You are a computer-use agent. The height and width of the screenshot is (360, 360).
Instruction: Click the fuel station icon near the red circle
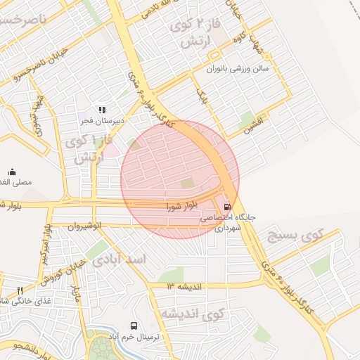tap(226, 207)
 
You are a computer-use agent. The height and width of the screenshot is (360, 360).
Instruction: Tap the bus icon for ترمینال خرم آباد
tap(134, 326)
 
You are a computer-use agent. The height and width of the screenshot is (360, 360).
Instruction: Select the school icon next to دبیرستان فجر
tap(101, 110)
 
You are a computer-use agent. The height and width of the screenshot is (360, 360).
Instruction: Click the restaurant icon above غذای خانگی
tap(20, 290)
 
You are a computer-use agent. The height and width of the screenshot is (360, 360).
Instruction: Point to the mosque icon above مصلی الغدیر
tap(11, 172)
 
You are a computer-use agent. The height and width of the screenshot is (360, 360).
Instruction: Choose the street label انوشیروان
tap(84, 226)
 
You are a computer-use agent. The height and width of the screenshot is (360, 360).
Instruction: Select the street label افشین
tap(252, 127)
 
